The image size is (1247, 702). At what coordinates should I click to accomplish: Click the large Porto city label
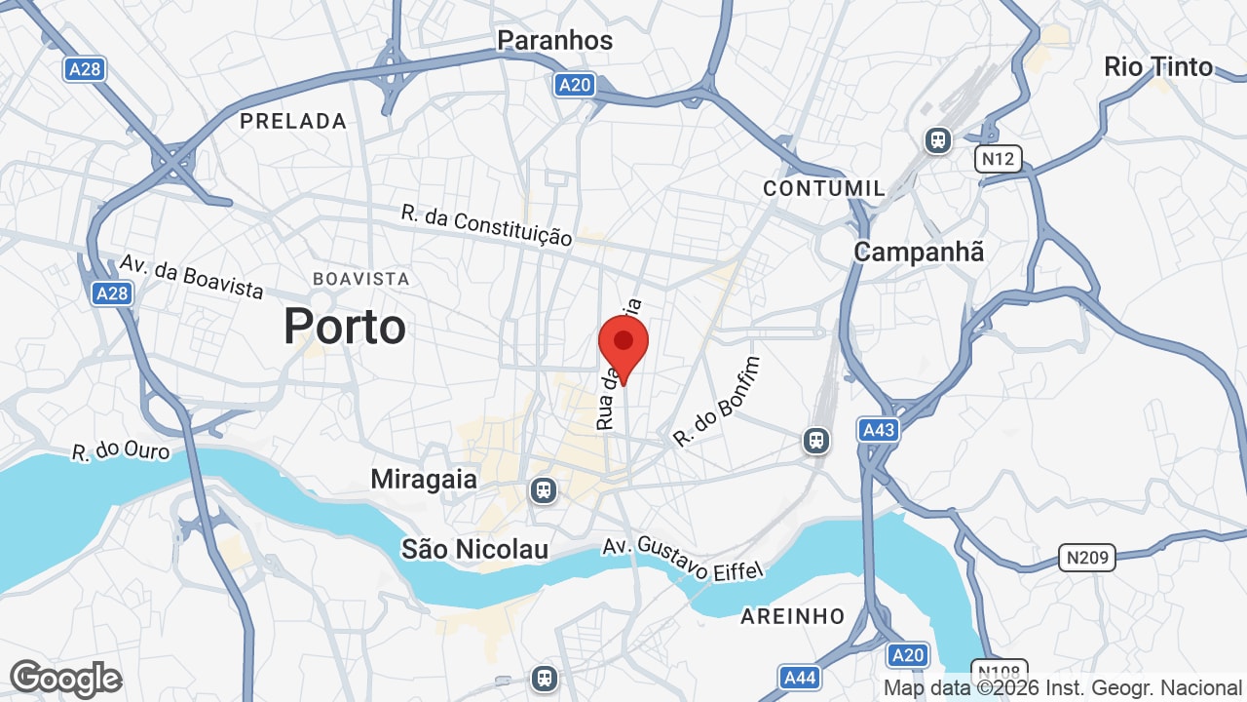tap(344, 327)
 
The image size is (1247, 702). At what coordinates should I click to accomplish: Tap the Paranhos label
tap(554, 40)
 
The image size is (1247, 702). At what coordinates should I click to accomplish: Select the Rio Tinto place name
tap(1157, 66)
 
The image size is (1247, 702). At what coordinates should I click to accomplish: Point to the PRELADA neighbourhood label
tap(293, 121)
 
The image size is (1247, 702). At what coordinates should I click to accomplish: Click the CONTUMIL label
tap(824, 188)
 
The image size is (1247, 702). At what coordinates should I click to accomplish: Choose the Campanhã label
tap(919, 252)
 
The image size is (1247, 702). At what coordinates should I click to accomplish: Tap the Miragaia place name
tap(424, 480)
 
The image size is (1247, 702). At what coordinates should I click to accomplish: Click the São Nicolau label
tap(475, 549)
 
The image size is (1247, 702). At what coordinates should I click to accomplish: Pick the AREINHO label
tap(792, 616)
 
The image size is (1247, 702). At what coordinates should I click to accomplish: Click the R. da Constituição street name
tap(486, 225)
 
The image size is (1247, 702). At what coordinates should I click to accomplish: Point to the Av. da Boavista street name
tap(192, 277)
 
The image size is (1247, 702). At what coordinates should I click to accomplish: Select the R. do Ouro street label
tap(121, 452)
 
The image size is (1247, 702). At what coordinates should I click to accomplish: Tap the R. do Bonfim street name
tap(716, 402)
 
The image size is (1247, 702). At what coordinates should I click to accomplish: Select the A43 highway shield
tap(878, 429)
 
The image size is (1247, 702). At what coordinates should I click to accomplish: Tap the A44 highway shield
tap(799, 677)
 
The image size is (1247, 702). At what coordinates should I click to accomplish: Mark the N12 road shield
tap(998, 159)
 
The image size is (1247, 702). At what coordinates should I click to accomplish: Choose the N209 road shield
tap(1086, 558)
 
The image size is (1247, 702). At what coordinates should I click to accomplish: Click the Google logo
tap(65, 679)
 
